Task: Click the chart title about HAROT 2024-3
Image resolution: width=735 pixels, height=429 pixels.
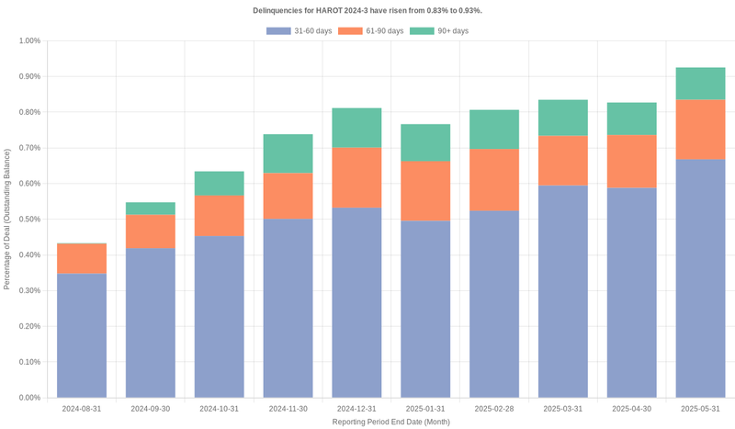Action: [x=367, y=10]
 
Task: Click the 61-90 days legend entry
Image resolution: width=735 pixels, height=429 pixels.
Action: [x=371, y=31]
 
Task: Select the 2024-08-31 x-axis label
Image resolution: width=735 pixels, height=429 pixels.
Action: [x=81, y=408]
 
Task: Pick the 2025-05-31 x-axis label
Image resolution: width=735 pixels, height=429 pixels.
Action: [x=700, y=408]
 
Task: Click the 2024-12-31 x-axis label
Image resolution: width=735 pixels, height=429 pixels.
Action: [x=356, y=408]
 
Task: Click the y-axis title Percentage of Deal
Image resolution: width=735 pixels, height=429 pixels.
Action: [x=7, y=219]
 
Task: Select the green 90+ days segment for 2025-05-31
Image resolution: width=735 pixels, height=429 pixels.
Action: [x=700, y=84]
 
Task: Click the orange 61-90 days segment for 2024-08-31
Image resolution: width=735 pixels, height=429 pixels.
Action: [x=81, y=258]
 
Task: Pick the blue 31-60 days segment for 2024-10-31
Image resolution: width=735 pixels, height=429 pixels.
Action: [x=219, y=317]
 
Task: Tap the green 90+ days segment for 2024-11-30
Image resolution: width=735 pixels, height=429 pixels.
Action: [x=288, y=153]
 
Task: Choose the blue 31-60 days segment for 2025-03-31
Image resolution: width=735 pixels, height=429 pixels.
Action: [x=563, y=291]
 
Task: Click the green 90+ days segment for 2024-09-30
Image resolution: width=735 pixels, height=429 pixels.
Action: [x=150, y=209]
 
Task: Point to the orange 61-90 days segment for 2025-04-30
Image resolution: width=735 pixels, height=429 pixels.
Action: [x=632, y=162]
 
